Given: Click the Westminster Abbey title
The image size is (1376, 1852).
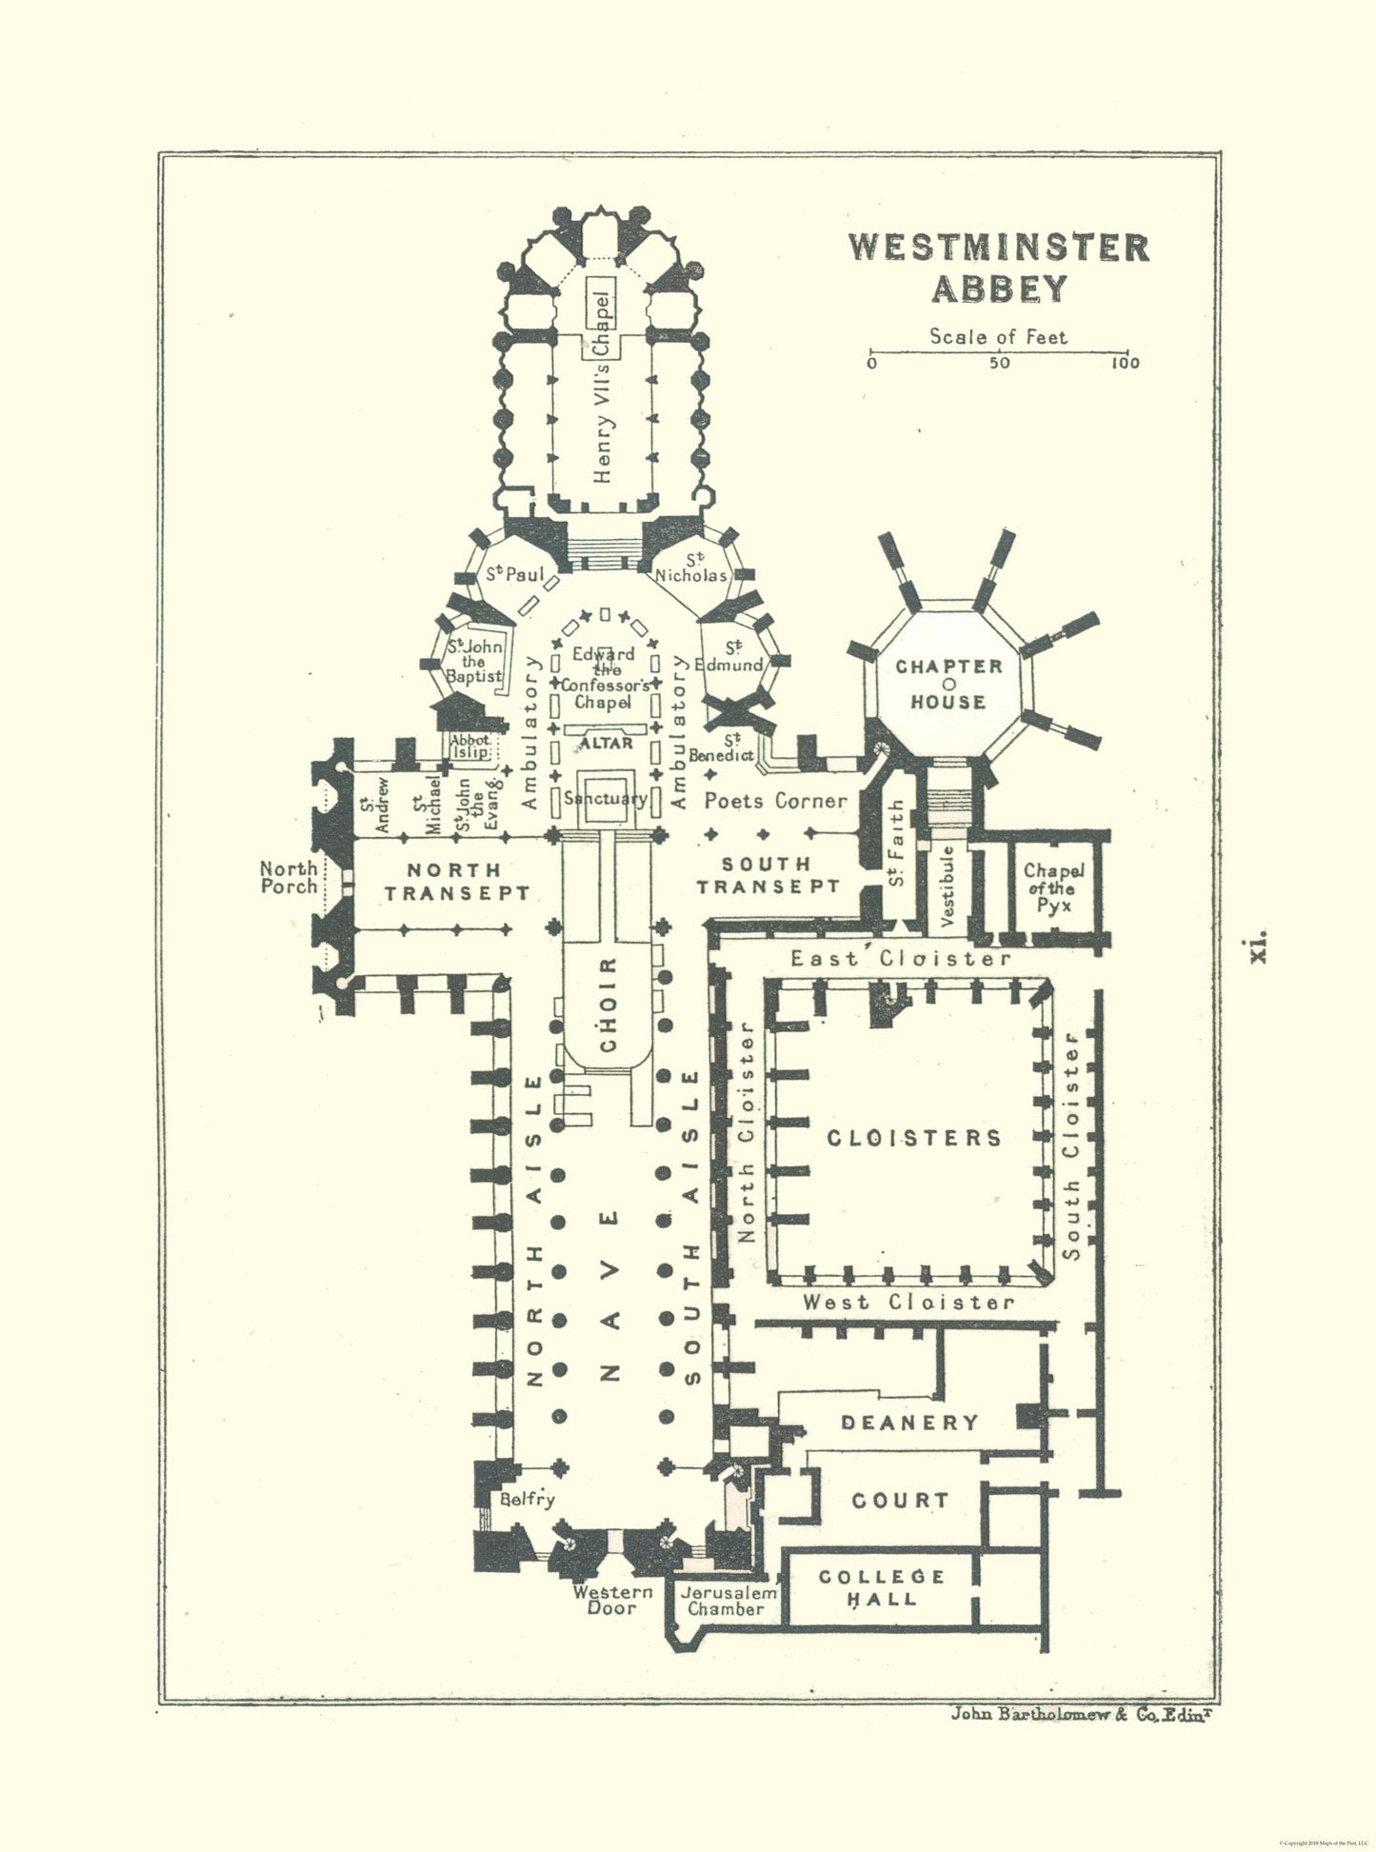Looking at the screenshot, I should (x=999, y=268).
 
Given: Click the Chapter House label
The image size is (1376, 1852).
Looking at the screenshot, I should (x=948, y=685).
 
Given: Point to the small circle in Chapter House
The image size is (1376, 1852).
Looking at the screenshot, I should (x=948, y=685).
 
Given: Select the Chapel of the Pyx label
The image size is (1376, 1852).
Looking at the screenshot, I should (x=1053, y=887).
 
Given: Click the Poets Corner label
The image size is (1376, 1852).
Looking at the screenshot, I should (x=775, y=801).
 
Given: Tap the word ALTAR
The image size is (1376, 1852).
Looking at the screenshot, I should (x=607, y=743).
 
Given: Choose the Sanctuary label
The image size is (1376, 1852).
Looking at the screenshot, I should (x=606, y=798).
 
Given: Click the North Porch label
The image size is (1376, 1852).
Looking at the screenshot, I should (x=289, y=877).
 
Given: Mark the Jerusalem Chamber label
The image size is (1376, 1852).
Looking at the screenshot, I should (x=726, y=1601).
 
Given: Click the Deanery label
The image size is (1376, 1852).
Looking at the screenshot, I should (x=909, y=1423).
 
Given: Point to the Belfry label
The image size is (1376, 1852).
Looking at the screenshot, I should (x=527, y=1500).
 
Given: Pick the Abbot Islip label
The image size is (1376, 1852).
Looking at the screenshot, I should (x=470, y=746).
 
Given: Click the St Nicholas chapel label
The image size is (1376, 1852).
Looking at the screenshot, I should (x=692, y=568).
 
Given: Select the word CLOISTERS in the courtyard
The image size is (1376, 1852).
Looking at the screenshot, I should (x=914, y=1138).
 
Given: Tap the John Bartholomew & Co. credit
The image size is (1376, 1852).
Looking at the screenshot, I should (x=1084, y=1715).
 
